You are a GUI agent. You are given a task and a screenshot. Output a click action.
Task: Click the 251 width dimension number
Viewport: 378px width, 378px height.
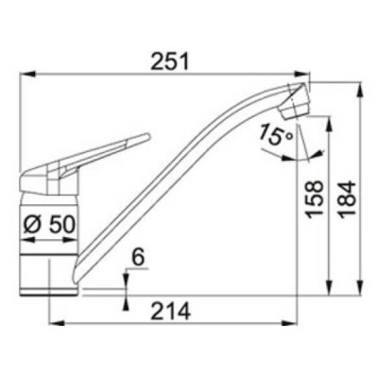pyautogui.click(x=170, y=61)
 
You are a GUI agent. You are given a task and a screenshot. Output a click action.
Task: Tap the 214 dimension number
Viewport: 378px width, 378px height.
pyautogui.click(x=170, y=311)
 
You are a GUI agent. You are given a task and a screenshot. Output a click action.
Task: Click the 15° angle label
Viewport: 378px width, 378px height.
pyautogui.click(x=275, y=134)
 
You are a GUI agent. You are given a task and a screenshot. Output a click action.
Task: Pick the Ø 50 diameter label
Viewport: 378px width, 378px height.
pyautogui.click(x=49, y=225)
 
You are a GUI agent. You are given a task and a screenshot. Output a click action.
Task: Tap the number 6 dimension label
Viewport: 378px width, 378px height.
pyautogui.click(x=138, y=257)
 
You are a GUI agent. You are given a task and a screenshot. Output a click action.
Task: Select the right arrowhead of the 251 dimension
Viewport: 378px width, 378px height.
pyautogui.click(x=301, y=75)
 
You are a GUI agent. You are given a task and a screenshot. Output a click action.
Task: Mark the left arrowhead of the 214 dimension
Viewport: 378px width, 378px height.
pyautogui.click(x=57, y=323)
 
